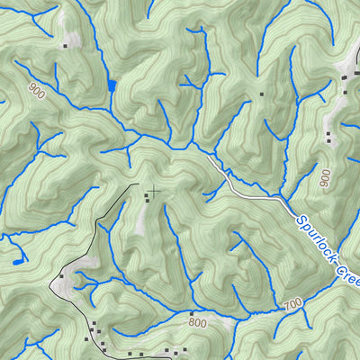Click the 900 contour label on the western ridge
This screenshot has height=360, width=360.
[36, 90]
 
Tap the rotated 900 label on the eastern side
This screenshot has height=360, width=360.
[325, 178]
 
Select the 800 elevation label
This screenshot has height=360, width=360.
[198, 320]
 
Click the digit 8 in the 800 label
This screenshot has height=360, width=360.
[192, 320]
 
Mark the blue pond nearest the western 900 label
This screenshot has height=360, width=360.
[112, 85]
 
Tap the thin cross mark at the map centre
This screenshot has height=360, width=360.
[156, 190]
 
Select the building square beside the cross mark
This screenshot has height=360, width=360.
[148, 195]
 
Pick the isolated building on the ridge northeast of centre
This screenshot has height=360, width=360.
[262, 93]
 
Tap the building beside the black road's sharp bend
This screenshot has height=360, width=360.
[61, 275]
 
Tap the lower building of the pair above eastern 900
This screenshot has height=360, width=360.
[328, 141]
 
